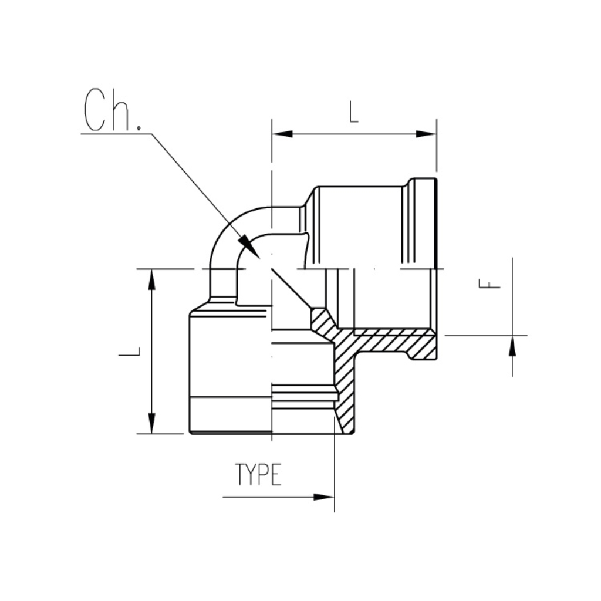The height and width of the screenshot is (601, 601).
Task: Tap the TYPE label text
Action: [259, 475]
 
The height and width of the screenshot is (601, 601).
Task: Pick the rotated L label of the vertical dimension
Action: [130, 352]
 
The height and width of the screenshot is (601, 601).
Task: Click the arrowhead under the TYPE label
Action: [323, 497]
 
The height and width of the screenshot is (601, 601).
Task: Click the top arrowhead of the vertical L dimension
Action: [152, 279]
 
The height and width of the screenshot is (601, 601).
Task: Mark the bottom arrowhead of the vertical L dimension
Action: [152, 423]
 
